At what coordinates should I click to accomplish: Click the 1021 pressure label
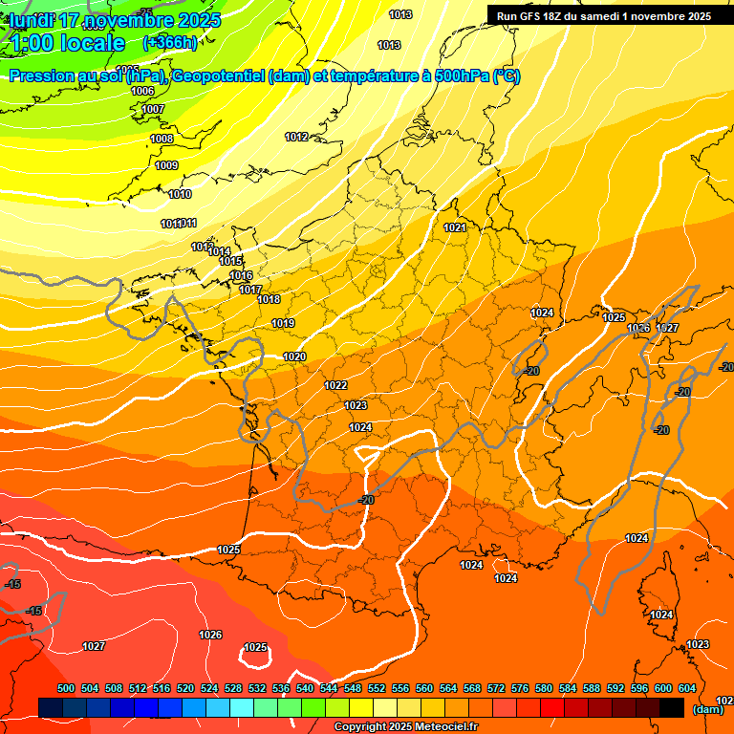pos(455,227)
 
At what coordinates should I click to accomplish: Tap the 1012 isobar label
pos(296,138)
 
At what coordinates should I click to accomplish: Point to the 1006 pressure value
pos(142,92)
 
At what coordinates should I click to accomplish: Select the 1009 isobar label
pos(166,165)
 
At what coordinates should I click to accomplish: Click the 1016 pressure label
pos(241,275)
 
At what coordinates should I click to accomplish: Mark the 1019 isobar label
pos(282,324)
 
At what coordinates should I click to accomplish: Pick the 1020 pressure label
pos(294,356)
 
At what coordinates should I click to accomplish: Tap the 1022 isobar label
pos(335,385)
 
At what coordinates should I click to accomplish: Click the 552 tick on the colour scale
pos(377,688)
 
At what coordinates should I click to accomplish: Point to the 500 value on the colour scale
pos(66,688)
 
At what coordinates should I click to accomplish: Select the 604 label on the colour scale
pos(687,688)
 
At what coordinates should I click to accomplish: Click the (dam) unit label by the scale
pos(707,708)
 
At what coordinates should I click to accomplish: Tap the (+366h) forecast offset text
pos(170,42)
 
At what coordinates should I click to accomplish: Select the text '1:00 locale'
pos(68,43)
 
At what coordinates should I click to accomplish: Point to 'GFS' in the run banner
pos(534,16)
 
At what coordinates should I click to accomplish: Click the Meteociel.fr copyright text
pos(405,727)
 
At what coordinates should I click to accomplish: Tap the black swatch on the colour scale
pos(672,707)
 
